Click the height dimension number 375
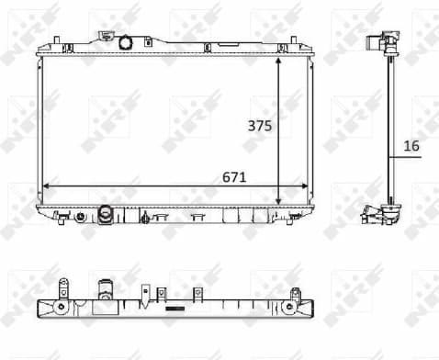point(260,128)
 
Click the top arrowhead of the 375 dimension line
point(278,58)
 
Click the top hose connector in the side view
point(377,43)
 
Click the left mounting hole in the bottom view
point(61,305)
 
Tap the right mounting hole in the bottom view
point(294,305)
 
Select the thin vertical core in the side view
point(390,129)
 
